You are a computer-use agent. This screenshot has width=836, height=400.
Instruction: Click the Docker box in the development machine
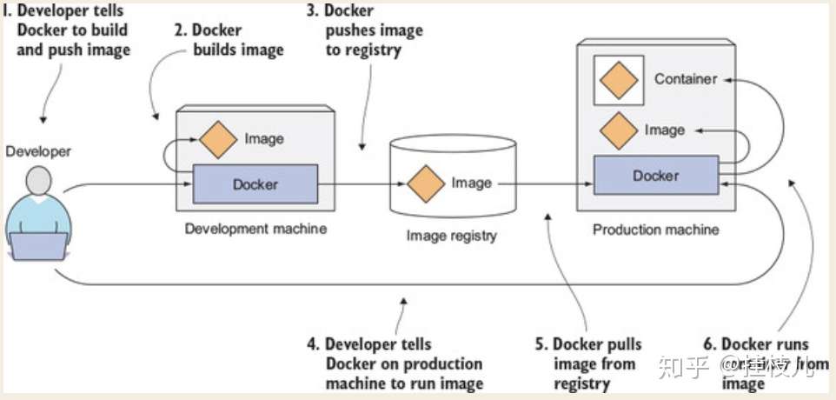(x=255, y=183)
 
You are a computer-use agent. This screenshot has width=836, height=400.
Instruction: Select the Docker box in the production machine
(x=656, y=176)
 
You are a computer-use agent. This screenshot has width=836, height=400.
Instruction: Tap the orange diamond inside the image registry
(x=426, y=183)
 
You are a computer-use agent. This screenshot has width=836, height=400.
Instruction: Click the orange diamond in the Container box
(x=618, y=79)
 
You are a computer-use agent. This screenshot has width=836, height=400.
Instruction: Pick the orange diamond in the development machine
(x=219, y=139)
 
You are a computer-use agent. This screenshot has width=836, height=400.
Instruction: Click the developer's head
(x=39, y=183)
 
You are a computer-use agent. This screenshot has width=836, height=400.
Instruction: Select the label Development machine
(x=255, y=229)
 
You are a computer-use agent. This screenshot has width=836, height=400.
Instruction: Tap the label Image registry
(x=451, y=235)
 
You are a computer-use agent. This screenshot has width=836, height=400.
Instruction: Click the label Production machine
(x=656, y=230)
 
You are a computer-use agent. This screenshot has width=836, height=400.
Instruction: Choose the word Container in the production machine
(x=686, y=79)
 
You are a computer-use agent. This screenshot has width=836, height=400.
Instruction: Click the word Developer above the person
(x=38, y=151)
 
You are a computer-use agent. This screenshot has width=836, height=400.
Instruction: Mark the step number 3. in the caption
(x=311, y=11)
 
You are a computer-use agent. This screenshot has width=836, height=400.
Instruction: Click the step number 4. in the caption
(x=313, y=344)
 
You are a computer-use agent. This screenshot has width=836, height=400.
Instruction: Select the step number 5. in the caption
(x=541, y=344)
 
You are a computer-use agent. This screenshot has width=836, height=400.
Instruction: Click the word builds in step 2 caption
(x=218, y=50)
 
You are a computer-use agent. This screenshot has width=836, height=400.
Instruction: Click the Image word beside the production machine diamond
(x=665, y=130)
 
